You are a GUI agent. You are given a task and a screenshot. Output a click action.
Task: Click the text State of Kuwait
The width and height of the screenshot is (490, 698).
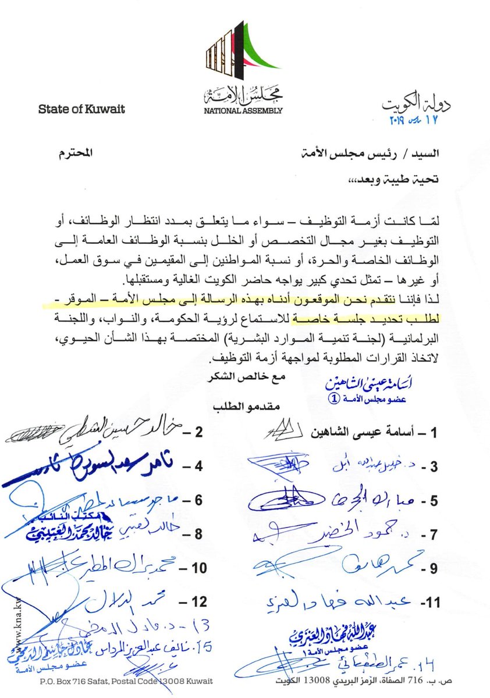pos(81,109)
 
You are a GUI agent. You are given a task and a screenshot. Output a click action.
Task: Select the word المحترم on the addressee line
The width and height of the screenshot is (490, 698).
pos(75,155)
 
